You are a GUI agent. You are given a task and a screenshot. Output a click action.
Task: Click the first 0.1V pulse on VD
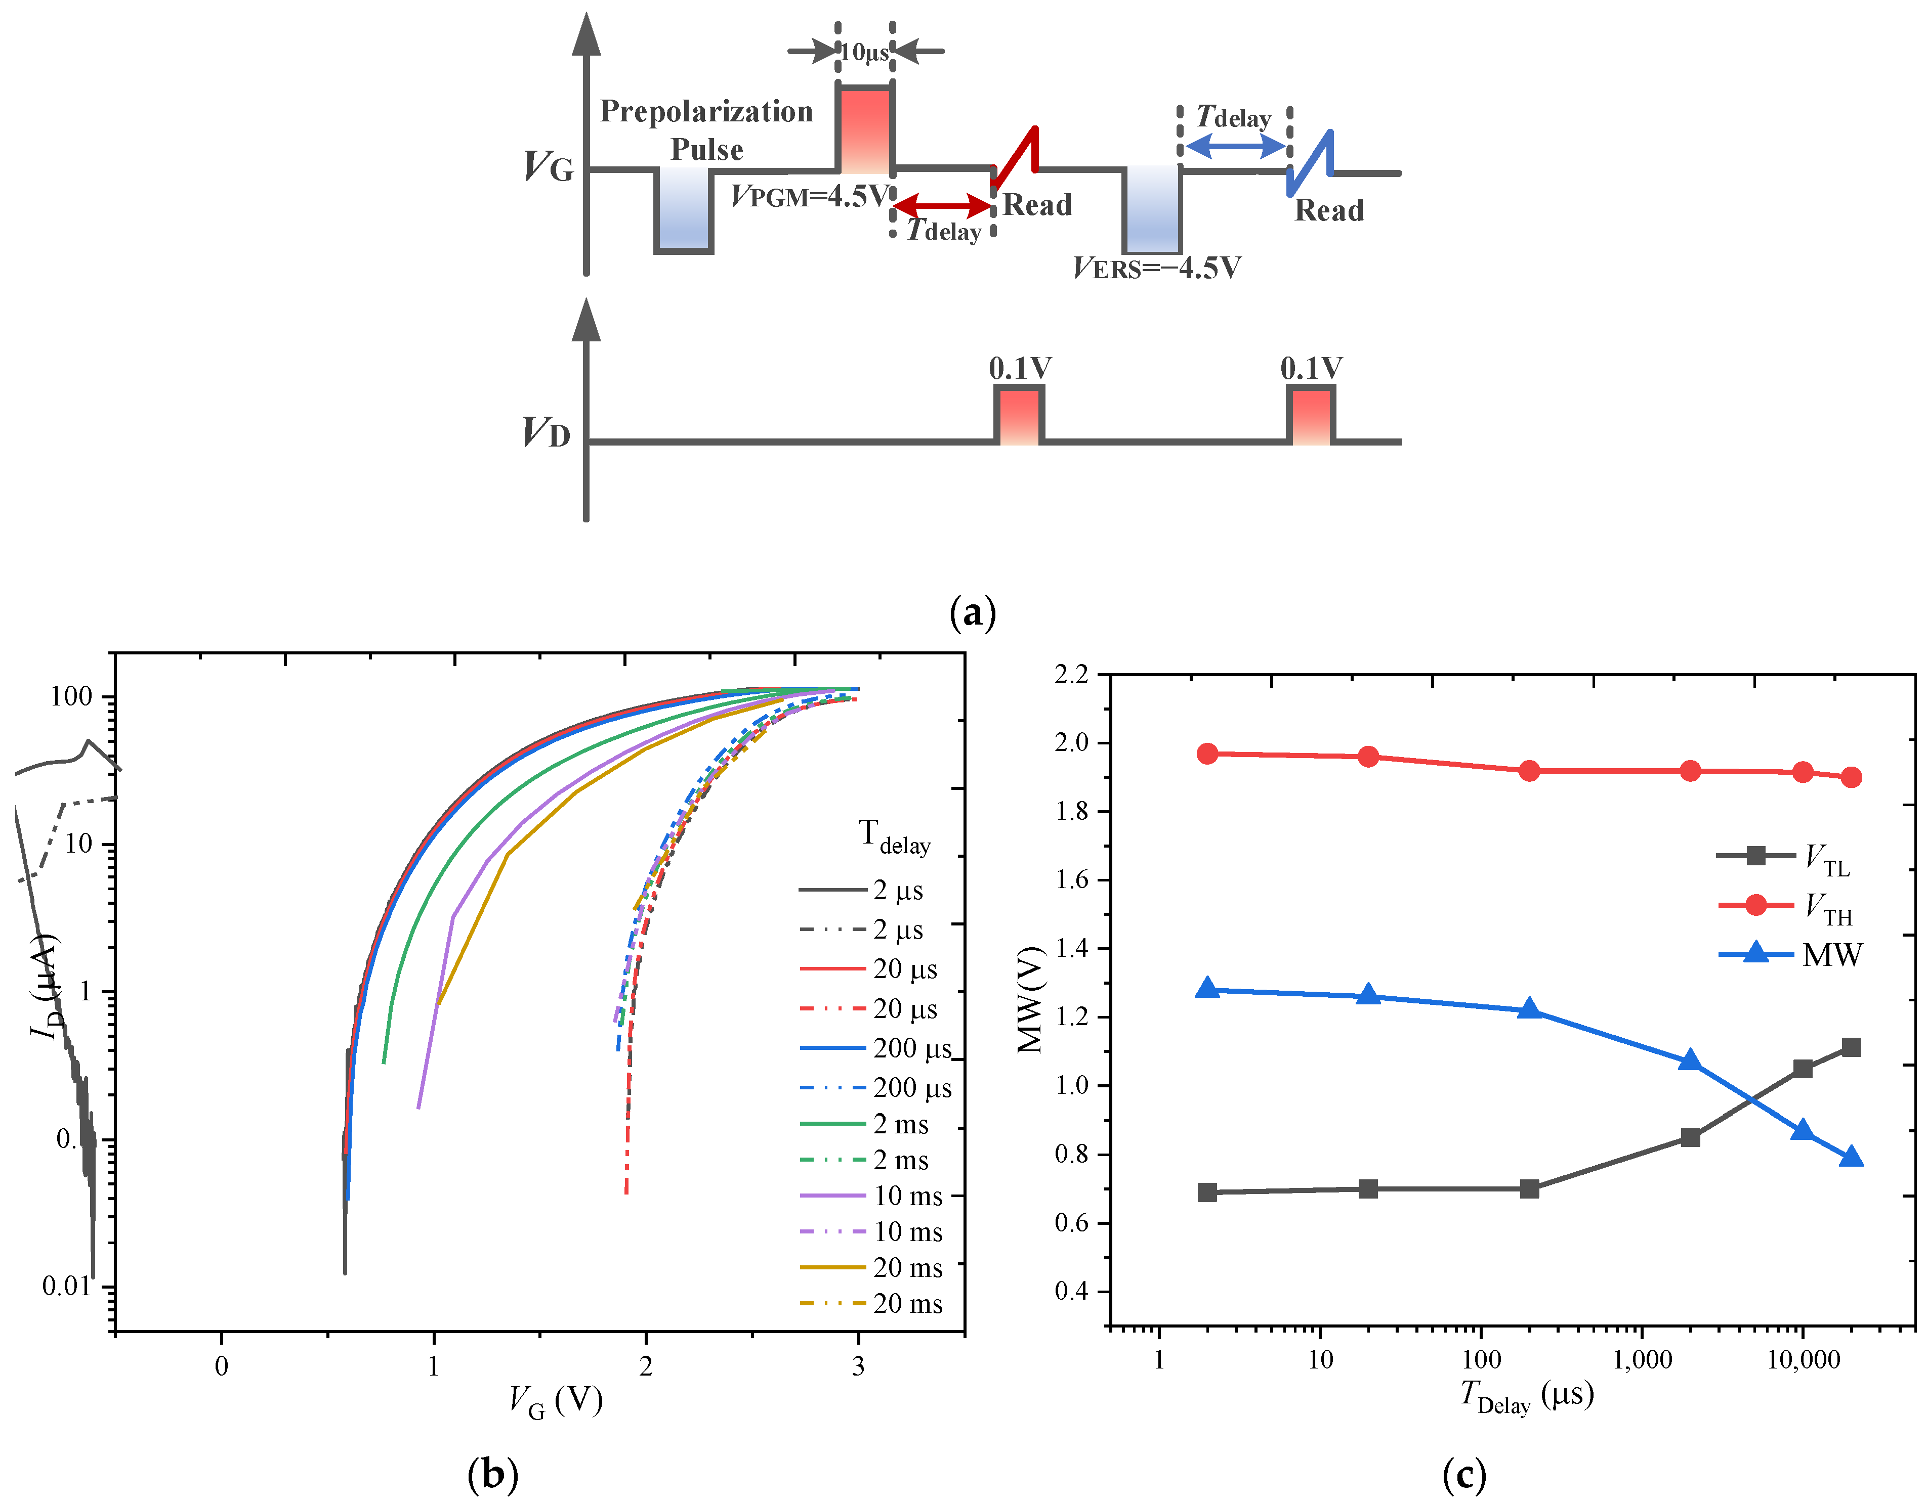(1020, 414)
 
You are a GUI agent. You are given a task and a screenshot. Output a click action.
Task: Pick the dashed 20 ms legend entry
(872, 1304)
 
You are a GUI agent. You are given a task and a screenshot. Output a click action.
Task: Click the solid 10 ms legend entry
(872, 1196)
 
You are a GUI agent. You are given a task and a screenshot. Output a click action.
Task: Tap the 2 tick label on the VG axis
(646, 1366)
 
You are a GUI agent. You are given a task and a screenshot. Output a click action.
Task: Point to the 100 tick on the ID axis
(70, 697)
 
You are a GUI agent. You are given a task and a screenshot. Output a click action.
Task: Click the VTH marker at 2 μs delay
(1207, 754)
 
